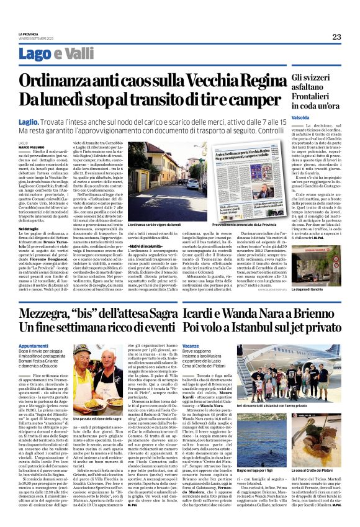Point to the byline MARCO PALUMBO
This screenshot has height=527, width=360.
click(x=32, y=147)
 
